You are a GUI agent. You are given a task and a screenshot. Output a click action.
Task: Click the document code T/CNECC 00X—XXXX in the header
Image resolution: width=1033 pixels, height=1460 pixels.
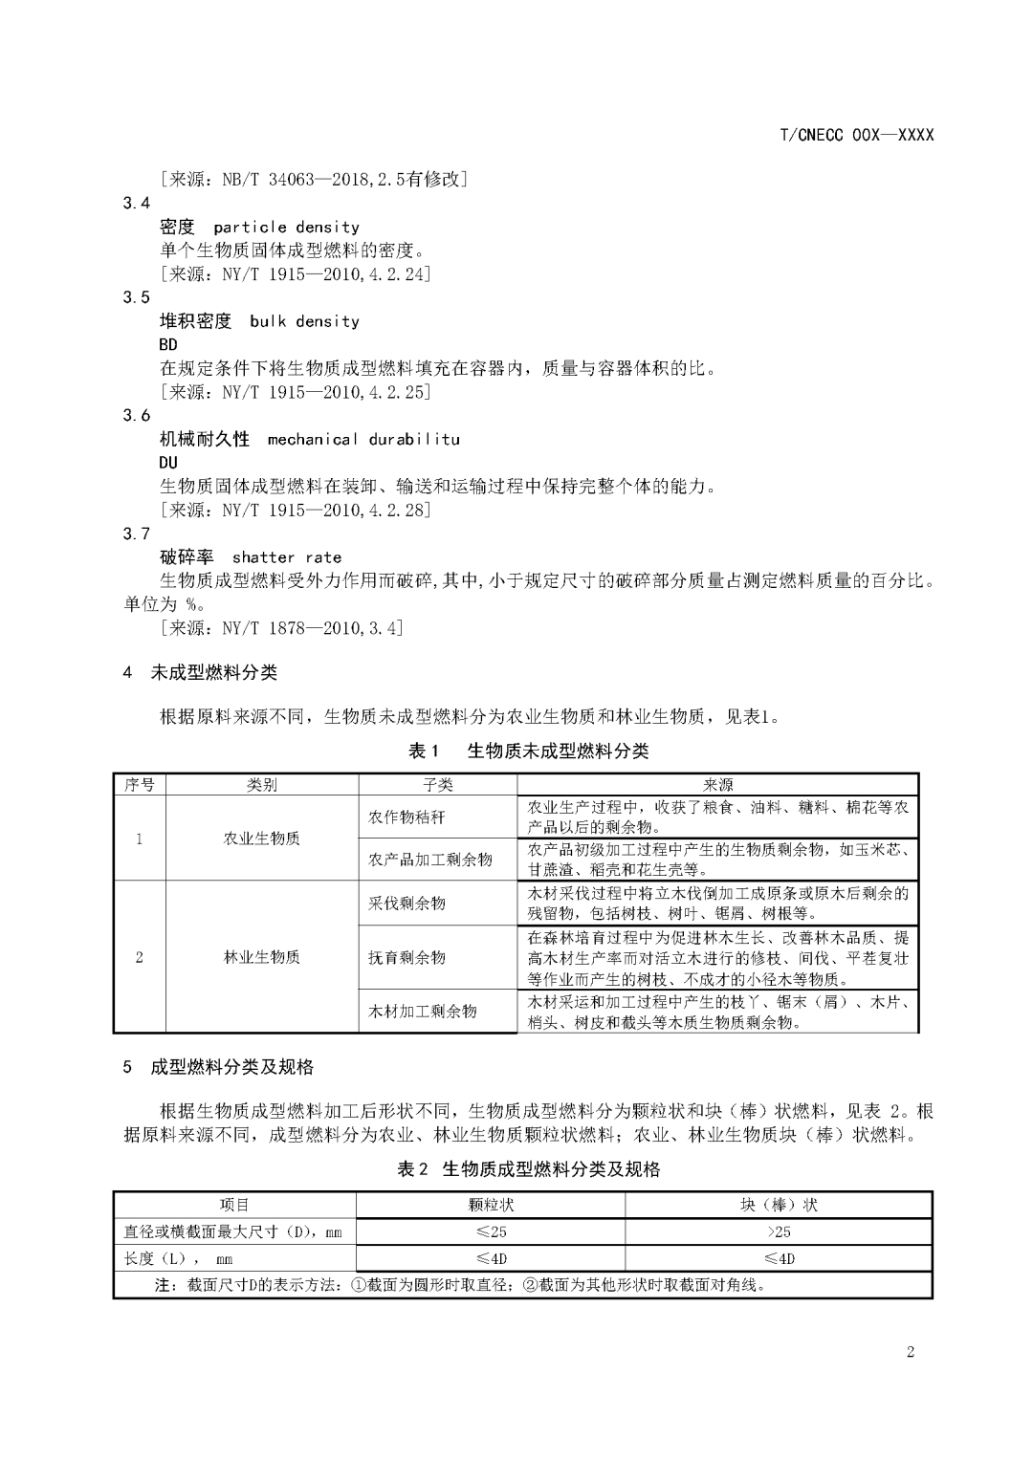click(856, 135)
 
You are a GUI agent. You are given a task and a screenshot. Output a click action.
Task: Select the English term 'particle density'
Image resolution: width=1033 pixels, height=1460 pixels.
click(287, 228)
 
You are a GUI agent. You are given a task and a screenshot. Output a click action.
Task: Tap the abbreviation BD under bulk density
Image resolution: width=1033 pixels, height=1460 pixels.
click(168, 344)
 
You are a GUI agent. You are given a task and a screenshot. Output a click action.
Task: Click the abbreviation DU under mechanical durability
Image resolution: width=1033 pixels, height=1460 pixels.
click(168, 463)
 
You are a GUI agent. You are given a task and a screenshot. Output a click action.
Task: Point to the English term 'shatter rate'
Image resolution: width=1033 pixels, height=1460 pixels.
click(286, 557)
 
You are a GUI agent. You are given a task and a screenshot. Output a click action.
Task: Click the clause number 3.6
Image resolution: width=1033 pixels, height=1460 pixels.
click(137, 416)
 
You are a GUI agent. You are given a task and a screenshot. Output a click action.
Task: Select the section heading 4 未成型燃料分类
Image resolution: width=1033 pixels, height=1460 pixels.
click(200, 673)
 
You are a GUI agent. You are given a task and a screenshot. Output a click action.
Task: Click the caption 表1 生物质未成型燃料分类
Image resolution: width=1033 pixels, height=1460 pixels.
click(528, 752)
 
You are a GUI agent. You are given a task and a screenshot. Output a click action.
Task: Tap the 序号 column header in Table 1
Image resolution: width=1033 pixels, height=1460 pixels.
click(140, 785)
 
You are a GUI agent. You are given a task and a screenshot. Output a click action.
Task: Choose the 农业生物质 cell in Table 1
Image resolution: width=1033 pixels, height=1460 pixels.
click(261, 839)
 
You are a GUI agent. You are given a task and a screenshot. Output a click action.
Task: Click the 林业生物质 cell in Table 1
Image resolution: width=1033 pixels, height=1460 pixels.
click(261, 957)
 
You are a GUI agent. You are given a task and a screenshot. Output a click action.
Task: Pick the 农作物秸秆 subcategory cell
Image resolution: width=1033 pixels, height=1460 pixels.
click(407, 817)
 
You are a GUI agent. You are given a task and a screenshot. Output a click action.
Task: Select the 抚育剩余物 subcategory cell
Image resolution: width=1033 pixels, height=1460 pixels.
click(407, 957)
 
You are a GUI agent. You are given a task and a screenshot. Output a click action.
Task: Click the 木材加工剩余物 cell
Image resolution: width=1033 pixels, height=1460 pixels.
click(422, 1012)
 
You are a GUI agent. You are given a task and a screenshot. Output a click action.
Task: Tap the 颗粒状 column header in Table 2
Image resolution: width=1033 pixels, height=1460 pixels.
click(491, 1205)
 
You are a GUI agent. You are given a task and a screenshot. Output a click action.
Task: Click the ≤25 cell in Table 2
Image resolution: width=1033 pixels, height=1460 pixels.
click(491, 1231)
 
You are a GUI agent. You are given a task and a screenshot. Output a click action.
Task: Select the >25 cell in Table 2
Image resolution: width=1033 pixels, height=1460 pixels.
click(779, 1231)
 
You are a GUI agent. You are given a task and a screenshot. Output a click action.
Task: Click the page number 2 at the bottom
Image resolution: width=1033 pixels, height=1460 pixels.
click(910, 1352)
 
